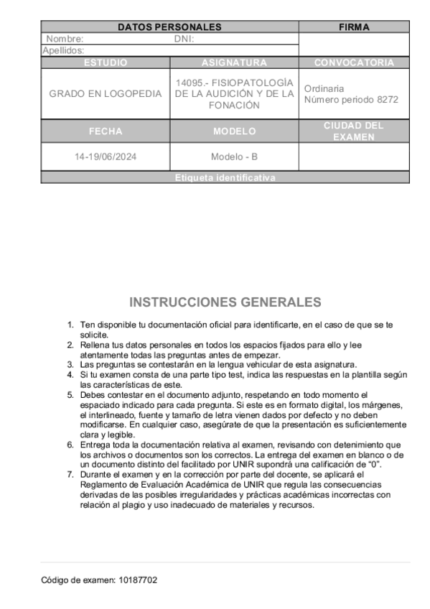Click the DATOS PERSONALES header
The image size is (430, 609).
pyautogui.click(x=169, y=27)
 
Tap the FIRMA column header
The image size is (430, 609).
pyautogui.click(x=354, y=27)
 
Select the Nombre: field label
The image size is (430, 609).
pyautogui.click(x=65, y=39)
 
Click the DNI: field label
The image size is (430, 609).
pyautogui.click(x=184, y=39)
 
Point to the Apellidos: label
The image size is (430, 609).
pyautogui.click(x=63, y=50)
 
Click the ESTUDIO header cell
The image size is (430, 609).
pyautogui.click(x=105, y=62)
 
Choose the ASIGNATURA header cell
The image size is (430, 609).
pyautogui.click(x=234, y=62)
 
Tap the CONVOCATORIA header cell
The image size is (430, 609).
pyautogui.click(x=354, y=62)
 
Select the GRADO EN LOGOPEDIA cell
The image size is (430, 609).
pyautogui.click(x=105, y=94)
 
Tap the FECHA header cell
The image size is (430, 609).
pyautogui.click(x=105, y=131)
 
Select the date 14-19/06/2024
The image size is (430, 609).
pyautogui.click(x=105, y=157)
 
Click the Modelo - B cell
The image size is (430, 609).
pyautogui.click(x=234, y=157)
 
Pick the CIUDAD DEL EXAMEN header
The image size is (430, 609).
pyautogui.click(x=354, y=131)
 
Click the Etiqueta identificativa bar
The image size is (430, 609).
pyautogui.click(x=225, y=177)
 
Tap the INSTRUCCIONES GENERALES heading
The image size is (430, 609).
pyautogui.click(x=225, y=302)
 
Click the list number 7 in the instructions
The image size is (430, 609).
pyautogui.click(x=70, y=475)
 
